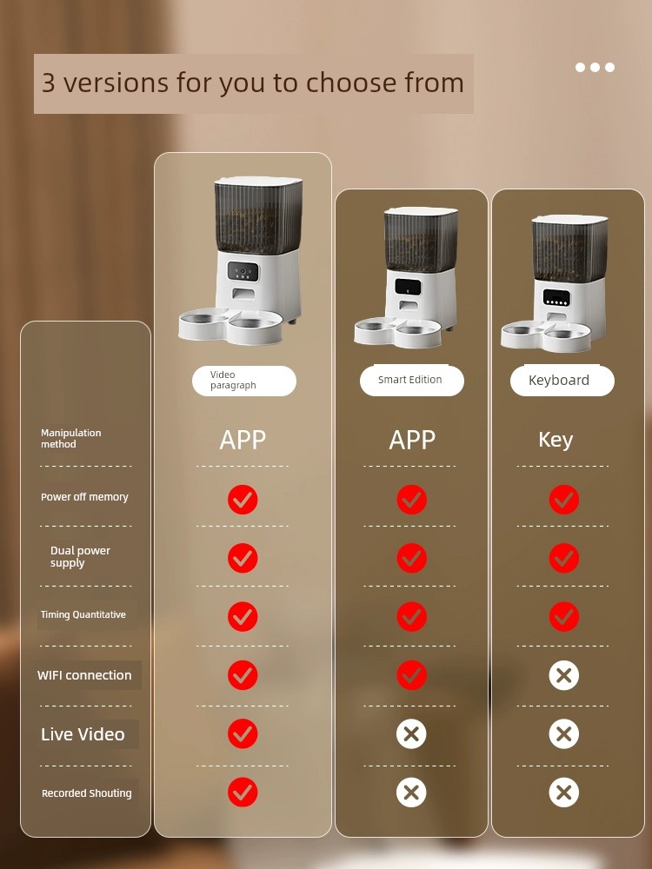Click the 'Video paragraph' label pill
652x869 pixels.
pyautogui.click(x=244, y=381)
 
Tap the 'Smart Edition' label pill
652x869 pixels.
pyautogui.click(x=412, y=381)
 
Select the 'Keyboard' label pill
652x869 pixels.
pyautogui.click(x=562, y=381)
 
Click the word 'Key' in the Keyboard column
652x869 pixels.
pyautogui.click(x=556, y=440)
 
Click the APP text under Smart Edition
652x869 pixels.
pyautogui.click(x=412, y=440)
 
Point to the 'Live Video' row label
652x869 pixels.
pyautogui.click(x=83, y=734)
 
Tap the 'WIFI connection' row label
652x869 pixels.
pyautogui.click(x=84, y=675)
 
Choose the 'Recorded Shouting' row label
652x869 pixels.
pyautogui.click(x=86, y=793)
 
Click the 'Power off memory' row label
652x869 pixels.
pyautogui.click(x=84, y=497)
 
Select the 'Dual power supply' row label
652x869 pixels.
pyautogui.click(x=80, y=556)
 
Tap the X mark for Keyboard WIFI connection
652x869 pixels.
pyautogui.click(x=564, y=675)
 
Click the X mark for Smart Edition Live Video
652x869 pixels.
pyautogui.click(x=411, y=734)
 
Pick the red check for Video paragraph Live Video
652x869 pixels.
pyautogui.click(x=243, y=733)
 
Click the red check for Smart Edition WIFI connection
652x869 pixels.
pyautogui.click(x=412, y=675)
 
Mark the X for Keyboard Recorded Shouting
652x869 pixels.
pyautogui.click(x=564, y=793)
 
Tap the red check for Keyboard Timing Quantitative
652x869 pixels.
pyautogui.click(x=564, y=616)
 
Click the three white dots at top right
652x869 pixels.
pyautogui.click(x=595, y=67)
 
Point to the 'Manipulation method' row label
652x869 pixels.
pyautogui.click(x=71, y=438)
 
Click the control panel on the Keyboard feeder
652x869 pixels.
pyautogui.click(x=556, y=297)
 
